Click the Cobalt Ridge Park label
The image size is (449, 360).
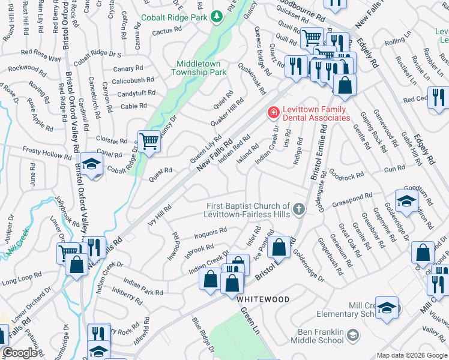[173, 18]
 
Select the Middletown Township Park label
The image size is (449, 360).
[202, 68]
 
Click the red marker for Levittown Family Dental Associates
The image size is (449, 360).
[273, 112]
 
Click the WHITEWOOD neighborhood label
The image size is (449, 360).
[262, 299]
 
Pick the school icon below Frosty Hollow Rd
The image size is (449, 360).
[91, 163]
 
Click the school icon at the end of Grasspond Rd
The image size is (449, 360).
[406, 200]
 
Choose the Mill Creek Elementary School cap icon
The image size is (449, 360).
[387, 307]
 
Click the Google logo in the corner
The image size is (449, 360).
[20, 353]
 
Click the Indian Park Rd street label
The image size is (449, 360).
[143, 287]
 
